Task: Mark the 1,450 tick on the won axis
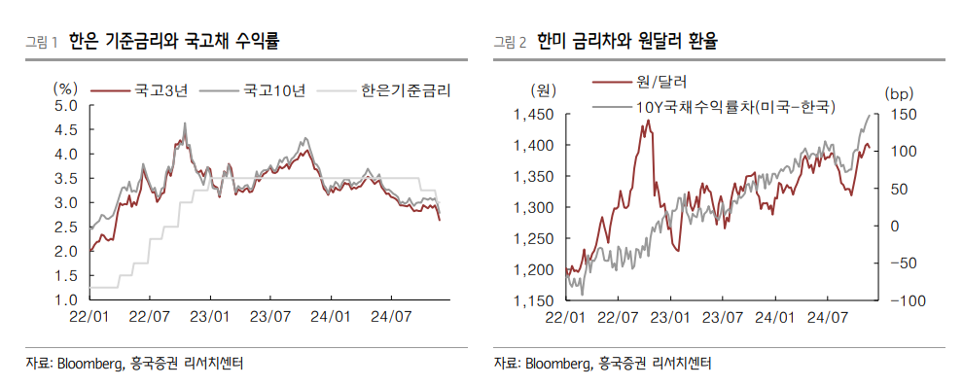coord(534,115)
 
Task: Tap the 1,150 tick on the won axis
coord(534,301)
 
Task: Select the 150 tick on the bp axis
coord(902,115)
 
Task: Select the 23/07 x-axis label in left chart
coord(272,317)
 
